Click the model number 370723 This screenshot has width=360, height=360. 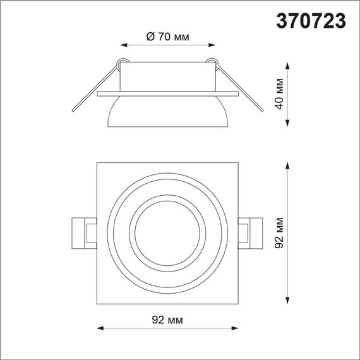(x=311, y=21)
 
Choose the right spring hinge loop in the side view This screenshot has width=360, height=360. (x=212, y=62)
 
